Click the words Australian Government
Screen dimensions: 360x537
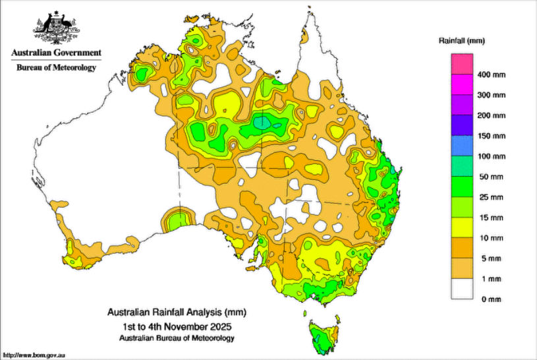55,53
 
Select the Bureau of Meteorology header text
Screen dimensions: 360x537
55,67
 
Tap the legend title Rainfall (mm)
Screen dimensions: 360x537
462,41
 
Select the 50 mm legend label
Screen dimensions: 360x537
491,177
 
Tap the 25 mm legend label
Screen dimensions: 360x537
491,198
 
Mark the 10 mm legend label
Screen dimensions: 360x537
491,238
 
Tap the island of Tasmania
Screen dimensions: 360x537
323,334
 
